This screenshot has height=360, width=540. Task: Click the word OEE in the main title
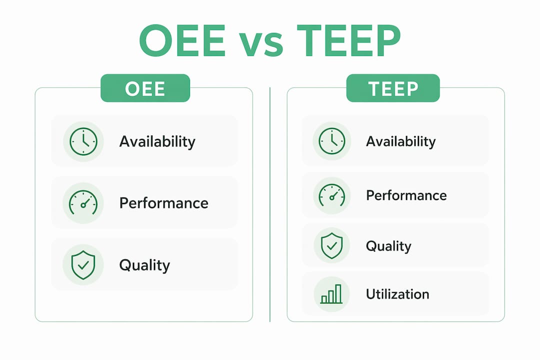pyautogui.click(x=182, y=40)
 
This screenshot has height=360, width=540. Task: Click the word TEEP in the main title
pyautogui.click(x=348, y=40)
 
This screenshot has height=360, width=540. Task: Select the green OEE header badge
pyautogui.click(x=145, y=88)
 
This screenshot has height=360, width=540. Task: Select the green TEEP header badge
pyautogui.click(x=393, y=88)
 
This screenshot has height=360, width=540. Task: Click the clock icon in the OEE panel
pyautogui.click(x=83, y=141)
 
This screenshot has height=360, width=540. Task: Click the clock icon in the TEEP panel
pyautogui.click(x=331, y=141)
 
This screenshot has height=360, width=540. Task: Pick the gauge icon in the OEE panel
pyautogui.click(x=83, y=202)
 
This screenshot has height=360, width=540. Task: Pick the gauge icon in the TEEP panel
pyautogui.click(x=331, y=195)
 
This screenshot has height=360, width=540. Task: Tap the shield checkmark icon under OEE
pyautogui.click(x=83, y=265)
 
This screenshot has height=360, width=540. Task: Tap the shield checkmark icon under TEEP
pyautogui.click(x=331, y=245)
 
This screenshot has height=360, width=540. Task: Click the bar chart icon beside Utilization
pyautogui.click(x=331, y=294)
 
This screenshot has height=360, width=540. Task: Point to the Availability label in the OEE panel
pyautogui.click(x=157, y=142)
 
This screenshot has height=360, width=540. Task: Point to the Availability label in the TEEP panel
pyautogui.click(x=401, y=141)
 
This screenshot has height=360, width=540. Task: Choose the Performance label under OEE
pyautogui.click(x=164, y=203)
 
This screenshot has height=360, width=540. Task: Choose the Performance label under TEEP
pyautogui.click(x=406, y=195)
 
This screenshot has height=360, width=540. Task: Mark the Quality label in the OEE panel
pyautogui.click(x=144, y=265)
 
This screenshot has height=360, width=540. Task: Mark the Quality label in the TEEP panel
pyautogui.click(x=388, y=246)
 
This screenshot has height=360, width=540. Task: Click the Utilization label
pyautogui.click(x=398, y=294)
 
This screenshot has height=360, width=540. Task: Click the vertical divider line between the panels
pyautogui.click(x=270, y=204)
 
